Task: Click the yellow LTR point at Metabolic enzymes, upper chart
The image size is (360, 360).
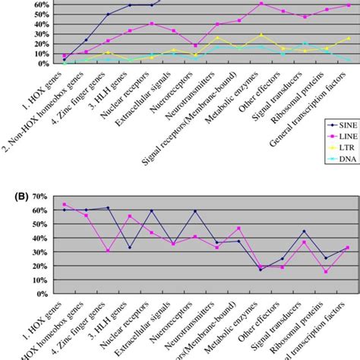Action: coord(261,35)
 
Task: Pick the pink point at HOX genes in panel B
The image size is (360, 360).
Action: coord(63,204)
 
